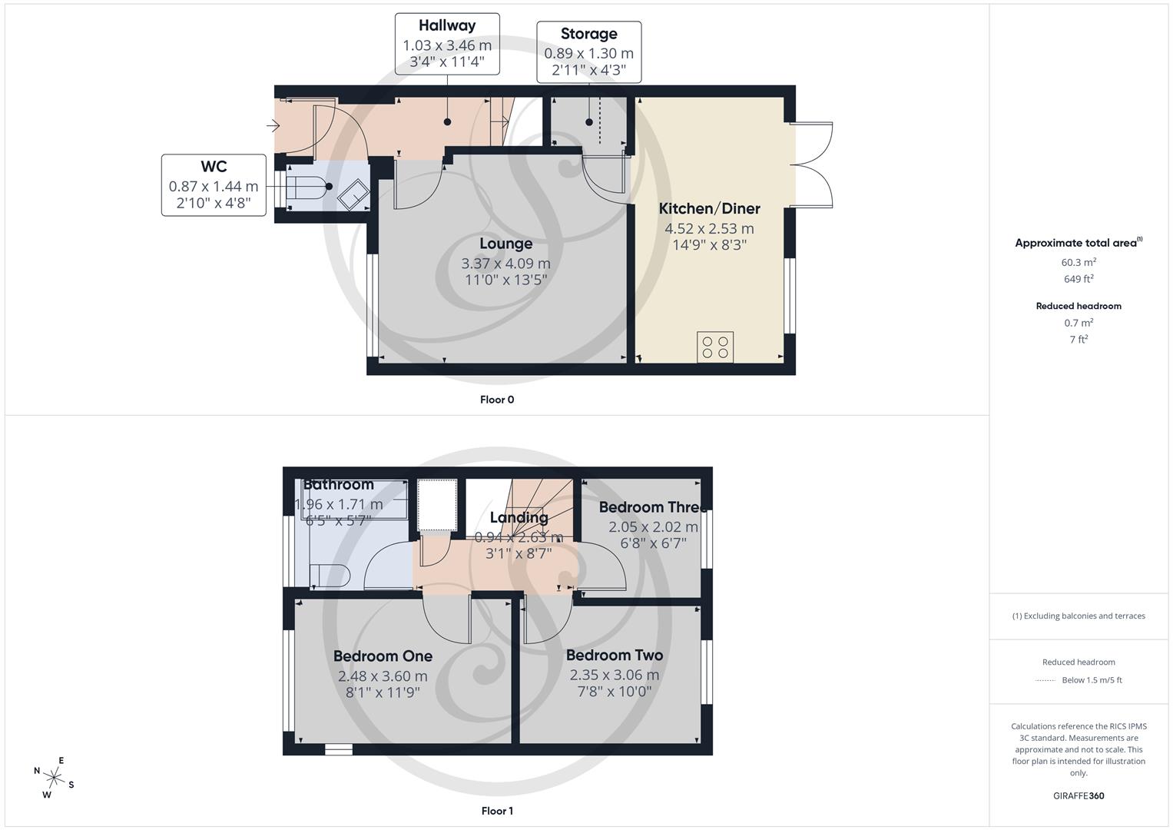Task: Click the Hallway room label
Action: pos(447,25)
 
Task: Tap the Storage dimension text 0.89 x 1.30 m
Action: pos(588,53)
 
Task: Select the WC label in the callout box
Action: pos(214,167)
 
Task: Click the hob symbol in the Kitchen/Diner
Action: pos(715,347)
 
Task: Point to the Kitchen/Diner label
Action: pos(709,208)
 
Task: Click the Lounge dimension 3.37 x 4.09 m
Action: pos(505,263)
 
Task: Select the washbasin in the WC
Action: pos(353,195)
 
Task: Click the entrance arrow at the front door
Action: pos(273,126)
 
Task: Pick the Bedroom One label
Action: pos(383,656)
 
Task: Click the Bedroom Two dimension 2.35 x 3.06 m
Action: pos(614,675)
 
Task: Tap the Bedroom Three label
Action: pos(652,507)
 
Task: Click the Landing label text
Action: pos(519,517)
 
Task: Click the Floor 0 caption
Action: pos(497,400)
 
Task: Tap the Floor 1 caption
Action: pos(497,811)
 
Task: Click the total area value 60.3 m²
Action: pos(1079,262)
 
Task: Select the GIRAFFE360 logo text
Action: pos(1079,795)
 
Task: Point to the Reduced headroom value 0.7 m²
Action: pos(1079,323)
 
